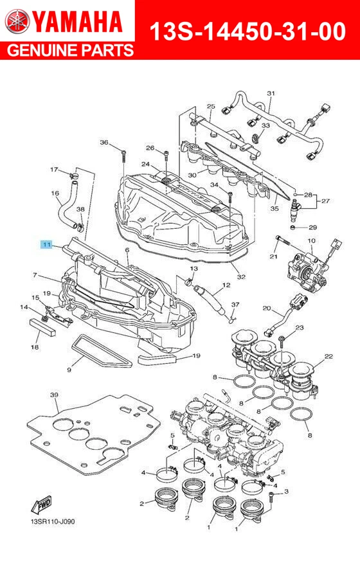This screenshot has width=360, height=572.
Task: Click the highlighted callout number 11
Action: tap(46, 244)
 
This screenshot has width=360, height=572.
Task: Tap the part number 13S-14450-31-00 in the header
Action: tap(247, 30)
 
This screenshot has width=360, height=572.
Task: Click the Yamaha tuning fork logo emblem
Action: tap(17, 22)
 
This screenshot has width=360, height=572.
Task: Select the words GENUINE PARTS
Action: tap(67, 51)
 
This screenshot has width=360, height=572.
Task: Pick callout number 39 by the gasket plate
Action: tap(54, 395)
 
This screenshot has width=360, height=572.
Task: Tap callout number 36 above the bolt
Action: tap(104, 142)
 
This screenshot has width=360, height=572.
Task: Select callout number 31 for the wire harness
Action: tap(271, 94)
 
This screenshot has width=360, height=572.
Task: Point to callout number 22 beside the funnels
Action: tap(328, 356)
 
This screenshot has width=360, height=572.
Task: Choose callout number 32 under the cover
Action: tap(241, 277)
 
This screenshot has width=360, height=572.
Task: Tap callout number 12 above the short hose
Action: tap(226, 285)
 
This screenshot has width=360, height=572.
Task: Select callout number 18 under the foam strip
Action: tap(35, 347)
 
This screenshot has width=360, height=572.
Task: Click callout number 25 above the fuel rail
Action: tap(211, 106)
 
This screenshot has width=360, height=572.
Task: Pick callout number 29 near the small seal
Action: tap(312, 228)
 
